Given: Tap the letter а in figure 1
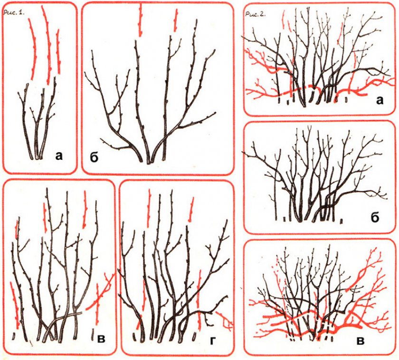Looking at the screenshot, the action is point(59,156).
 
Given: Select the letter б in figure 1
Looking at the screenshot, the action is point(94,157).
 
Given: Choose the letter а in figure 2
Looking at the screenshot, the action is point(379,101).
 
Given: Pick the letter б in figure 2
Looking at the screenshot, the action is point(375,217).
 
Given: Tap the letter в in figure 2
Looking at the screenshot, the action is point(361,341).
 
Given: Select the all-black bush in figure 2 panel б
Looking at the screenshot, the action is point(313,176).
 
